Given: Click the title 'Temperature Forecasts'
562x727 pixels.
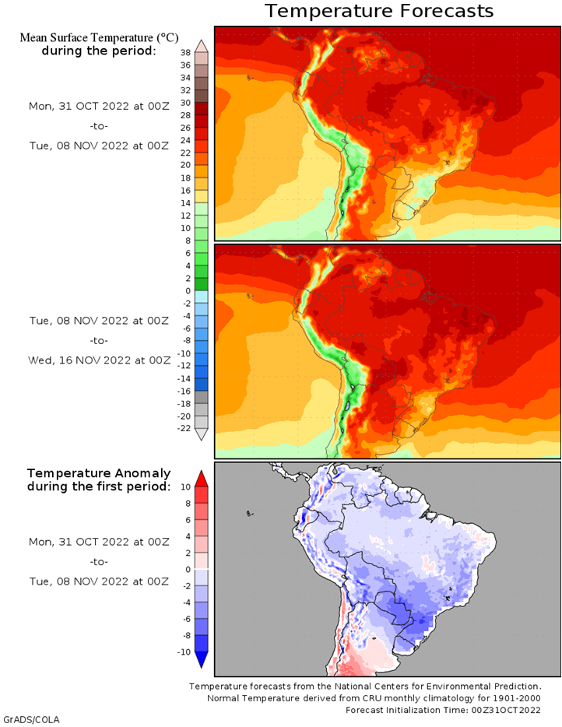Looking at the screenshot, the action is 379,11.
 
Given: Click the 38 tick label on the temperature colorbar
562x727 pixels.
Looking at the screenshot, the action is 185,53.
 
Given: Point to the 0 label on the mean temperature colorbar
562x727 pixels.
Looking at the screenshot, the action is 188,291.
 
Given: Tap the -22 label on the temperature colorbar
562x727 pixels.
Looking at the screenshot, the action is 184,428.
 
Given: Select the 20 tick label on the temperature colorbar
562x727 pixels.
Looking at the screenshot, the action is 185,165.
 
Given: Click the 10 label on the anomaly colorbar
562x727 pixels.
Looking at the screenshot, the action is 185,486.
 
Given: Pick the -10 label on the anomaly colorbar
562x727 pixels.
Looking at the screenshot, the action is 184,652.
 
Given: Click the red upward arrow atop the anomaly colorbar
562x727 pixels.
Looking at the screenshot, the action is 202,479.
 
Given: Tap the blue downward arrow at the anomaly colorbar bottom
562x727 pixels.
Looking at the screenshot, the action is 202,660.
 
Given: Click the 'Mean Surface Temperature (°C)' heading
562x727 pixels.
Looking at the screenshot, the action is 99,37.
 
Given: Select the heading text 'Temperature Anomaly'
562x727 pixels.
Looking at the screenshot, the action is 99,473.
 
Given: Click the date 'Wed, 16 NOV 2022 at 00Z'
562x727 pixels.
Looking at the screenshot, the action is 99,360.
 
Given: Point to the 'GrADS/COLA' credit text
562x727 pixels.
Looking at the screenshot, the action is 32,719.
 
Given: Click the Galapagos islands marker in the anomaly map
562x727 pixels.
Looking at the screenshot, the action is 250,514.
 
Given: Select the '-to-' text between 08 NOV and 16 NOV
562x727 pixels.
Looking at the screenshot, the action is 99,341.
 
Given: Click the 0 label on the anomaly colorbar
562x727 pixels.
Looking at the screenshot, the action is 188,569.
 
